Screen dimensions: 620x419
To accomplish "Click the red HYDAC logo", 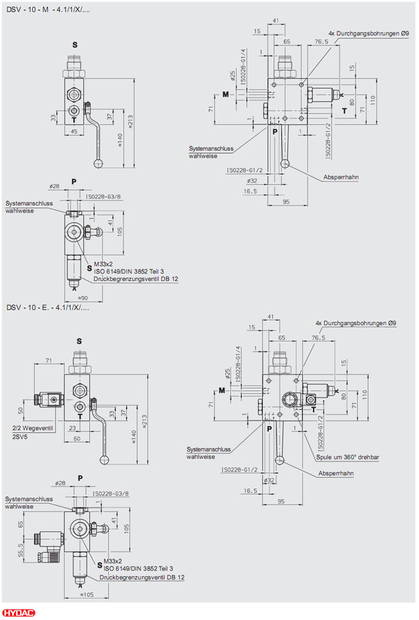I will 19,613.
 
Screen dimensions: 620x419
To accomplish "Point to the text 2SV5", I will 19,437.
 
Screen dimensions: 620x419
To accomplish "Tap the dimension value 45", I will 74,132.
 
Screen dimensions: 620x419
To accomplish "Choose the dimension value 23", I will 72,428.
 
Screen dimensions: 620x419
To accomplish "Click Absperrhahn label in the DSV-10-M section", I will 341,178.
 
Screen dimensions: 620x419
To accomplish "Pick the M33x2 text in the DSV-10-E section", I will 113,561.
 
